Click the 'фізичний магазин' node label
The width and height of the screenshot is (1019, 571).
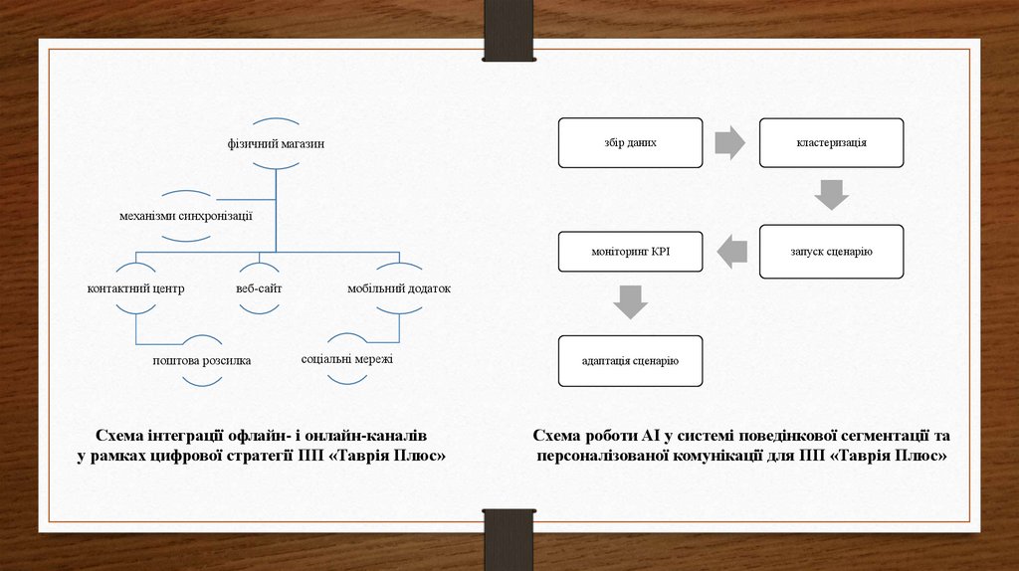[x=276, y=144]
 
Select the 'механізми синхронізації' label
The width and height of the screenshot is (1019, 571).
[x=186, y=215]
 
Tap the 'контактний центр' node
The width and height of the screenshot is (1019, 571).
[x=135, y=288]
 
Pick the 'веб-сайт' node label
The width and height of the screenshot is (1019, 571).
[x=259, y=288]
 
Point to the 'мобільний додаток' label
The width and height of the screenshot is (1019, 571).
[x=398, y=288]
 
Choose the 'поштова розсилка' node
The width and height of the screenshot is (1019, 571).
[x=201, y=360]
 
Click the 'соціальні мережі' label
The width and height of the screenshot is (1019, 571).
[x=347, y=358]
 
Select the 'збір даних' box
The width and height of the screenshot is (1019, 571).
[x=630, y=143]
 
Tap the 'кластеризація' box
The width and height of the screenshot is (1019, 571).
[x=831, y=143]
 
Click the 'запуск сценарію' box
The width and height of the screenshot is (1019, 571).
[x=831, y=251]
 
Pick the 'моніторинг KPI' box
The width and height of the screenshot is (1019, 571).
[x=630, y=251]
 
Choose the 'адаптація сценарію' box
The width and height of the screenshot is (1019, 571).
[x=630, y=360]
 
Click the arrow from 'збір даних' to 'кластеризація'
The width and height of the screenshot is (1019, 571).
[x=729, y=143]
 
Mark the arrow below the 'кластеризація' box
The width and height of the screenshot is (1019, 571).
[x=831, y=195]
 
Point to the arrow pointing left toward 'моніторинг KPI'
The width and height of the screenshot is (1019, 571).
[x=732, y=251]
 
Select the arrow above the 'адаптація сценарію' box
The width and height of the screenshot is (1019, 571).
[x=630, y=302]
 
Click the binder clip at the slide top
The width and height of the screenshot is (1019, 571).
[x=509, y=31]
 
